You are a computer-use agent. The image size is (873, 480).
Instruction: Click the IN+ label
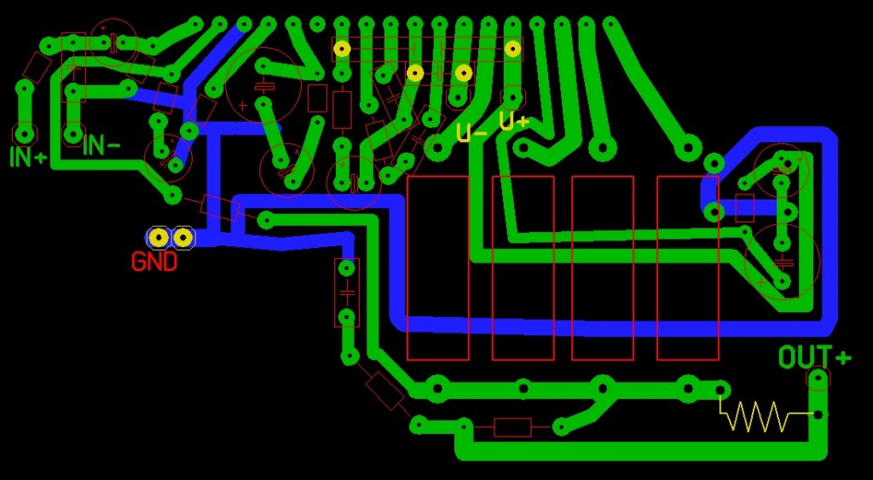[27, 157]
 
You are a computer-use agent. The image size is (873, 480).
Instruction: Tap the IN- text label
[101, 146]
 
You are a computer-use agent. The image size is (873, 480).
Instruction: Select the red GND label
[154, 262]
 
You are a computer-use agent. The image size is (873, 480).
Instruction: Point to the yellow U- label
[471, 132]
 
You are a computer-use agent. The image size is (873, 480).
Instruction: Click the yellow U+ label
[513, 123]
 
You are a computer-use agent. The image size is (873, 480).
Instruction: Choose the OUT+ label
[815, 357]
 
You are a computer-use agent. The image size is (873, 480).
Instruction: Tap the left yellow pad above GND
[159, 237]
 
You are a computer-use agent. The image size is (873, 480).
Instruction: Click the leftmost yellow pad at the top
[342, 49]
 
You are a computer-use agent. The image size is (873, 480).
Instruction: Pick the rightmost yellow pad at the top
[512, 49]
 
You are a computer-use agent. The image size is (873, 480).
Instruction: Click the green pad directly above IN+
[25, 133]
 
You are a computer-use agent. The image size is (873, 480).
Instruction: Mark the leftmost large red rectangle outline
[437, 268]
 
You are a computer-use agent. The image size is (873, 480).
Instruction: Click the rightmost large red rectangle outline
[687, 268]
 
